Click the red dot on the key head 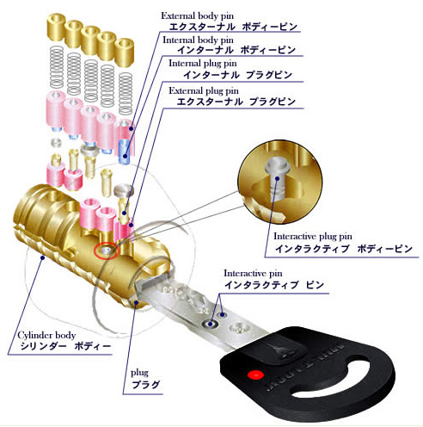point(255,374)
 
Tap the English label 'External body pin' point(197,15)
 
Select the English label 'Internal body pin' point(198,40)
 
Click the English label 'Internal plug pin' point(203,63)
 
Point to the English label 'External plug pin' point(204,90)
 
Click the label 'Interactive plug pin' point(313,237)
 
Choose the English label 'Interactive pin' point(253,273)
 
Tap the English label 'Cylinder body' point(46,335)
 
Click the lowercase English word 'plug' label point(139,373)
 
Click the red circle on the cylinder point(106,251)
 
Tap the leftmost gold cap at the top point(56,28)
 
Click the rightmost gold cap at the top point(125,52)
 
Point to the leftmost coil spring point(57,67)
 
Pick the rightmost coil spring point(126,93)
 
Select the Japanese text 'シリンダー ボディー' point(65,346)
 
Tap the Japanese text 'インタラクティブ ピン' point(274,285)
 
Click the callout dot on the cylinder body point(43,257)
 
